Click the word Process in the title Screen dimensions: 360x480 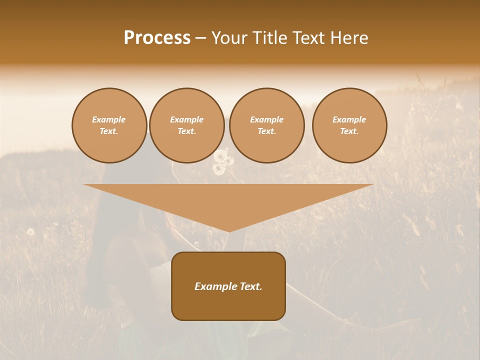[157, 38]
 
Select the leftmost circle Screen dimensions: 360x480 [109, 125]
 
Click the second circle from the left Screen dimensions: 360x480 [187, 125]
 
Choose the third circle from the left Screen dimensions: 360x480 [267, 125]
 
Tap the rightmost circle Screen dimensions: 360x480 [349, 125]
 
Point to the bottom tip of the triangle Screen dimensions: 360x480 [228, 231]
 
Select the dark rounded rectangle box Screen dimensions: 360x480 [228, 285]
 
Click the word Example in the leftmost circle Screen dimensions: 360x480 [109, 119]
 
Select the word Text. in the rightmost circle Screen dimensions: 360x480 [349, 131]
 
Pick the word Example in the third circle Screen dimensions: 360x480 [267, 119]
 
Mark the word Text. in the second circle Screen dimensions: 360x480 [187, 131]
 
